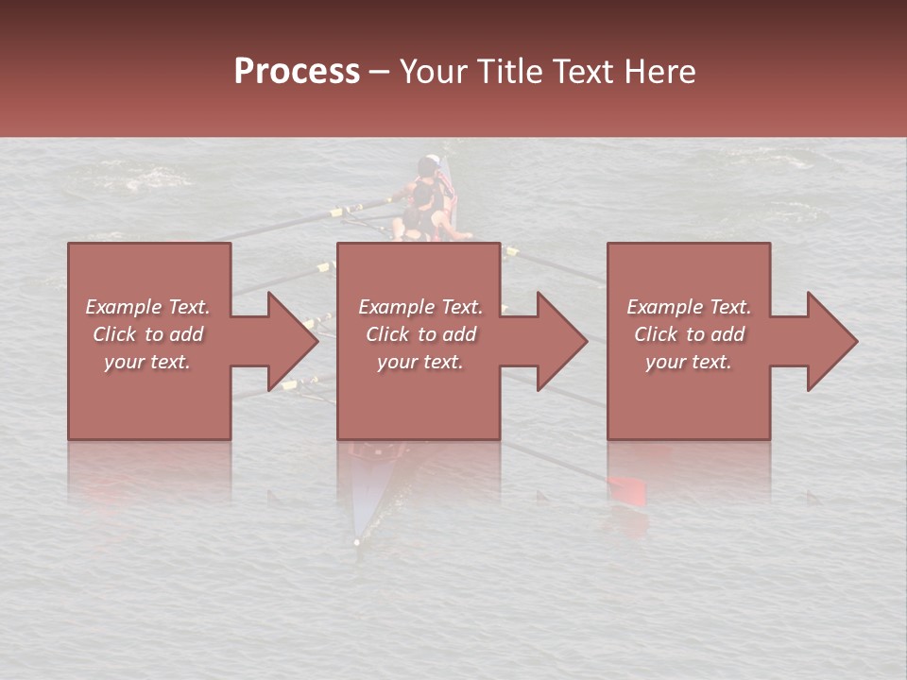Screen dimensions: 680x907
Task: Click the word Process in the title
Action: (x=297, y=72)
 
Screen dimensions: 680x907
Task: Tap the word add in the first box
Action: (x=187, y=334)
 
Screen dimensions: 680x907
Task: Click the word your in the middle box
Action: (x=397, y=362)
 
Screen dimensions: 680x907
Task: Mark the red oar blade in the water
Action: (x=626, y=489)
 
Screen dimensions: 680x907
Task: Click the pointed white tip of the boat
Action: (x=356, y=541)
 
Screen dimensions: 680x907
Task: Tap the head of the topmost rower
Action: (x=430, y=163)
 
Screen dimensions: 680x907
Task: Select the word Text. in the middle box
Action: (x=460, y=307)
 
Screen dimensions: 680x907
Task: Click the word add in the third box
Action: (x=728, y=334)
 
